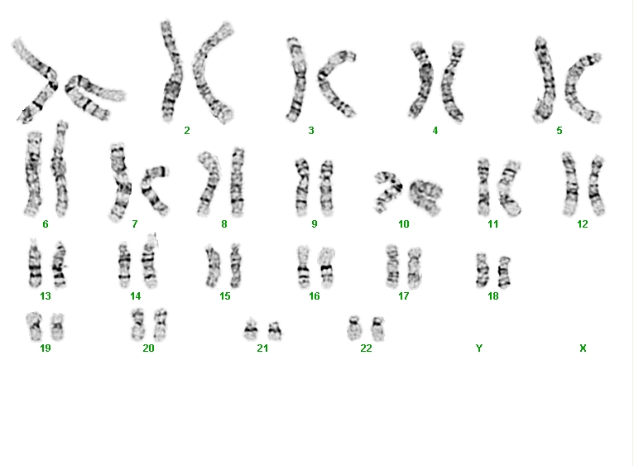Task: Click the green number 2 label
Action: click(187, 130)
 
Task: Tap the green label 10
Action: click(404, 223)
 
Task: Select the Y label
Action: click(479, 348)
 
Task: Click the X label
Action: click(583, 348)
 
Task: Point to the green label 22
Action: click(366, 348)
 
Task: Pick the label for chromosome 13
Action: click(46, 296)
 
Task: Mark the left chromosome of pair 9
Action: click(301, 187)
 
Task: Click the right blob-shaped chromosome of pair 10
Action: click(425, 197)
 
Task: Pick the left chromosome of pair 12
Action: click(570, 184)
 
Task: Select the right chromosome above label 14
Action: click(150, 261)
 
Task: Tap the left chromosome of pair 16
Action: click(303, 267)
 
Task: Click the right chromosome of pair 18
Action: click(504, 271)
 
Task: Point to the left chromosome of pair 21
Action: click(251, 329)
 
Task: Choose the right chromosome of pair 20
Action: click(160, 324)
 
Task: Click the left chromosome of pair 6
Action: click(33, 174)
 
